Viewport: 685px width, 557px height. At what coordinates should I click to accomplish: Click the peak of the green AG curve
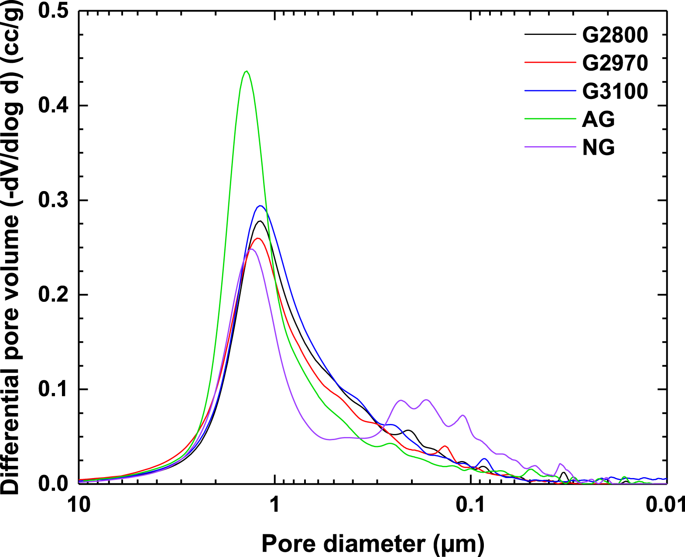247,71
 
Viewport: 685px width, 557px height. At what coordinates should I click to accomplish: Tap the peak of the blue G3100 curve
260,206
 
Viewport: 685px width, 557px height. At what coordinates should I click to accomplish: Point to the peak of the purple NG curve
251,249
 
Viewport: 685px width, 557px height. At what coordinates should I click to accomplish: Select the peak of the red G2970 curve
257,238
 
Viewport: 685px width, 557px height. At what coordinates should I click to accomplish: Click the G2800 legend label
615,35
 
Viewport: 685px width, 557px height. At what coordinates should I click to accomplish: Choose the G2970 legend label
615,63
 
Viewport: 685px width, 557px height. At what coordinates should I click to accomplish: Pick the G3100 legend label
615,91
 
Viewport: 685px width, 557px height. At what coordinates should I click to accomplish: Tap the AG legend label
598,120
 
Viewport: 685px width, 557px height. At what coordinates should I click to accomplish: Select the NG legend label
598,147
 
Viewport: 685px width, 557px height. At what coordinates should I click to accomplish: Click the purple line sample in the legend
550,147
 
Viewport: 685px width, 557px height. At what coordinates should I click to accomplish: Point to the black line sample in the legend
550,34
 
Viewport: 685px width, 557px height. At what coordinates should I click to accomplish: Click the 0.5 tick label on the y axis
53,11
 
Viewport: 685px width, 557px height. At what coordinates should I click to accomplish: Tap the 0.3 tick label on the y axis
53,200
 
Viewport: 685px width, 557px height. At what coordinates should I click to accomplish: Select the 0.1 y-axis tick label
53,389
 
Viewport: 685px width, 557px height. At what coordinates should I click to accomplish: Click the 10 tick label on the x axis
79,505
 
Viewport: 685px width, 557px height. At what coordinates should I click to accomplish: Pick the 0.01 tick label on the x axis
665,505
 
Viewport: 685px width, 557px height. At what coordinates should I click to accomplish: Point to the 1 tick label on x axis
274,505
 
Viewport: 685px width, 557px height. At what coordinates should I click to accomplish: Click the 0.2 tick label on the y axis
53,295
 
